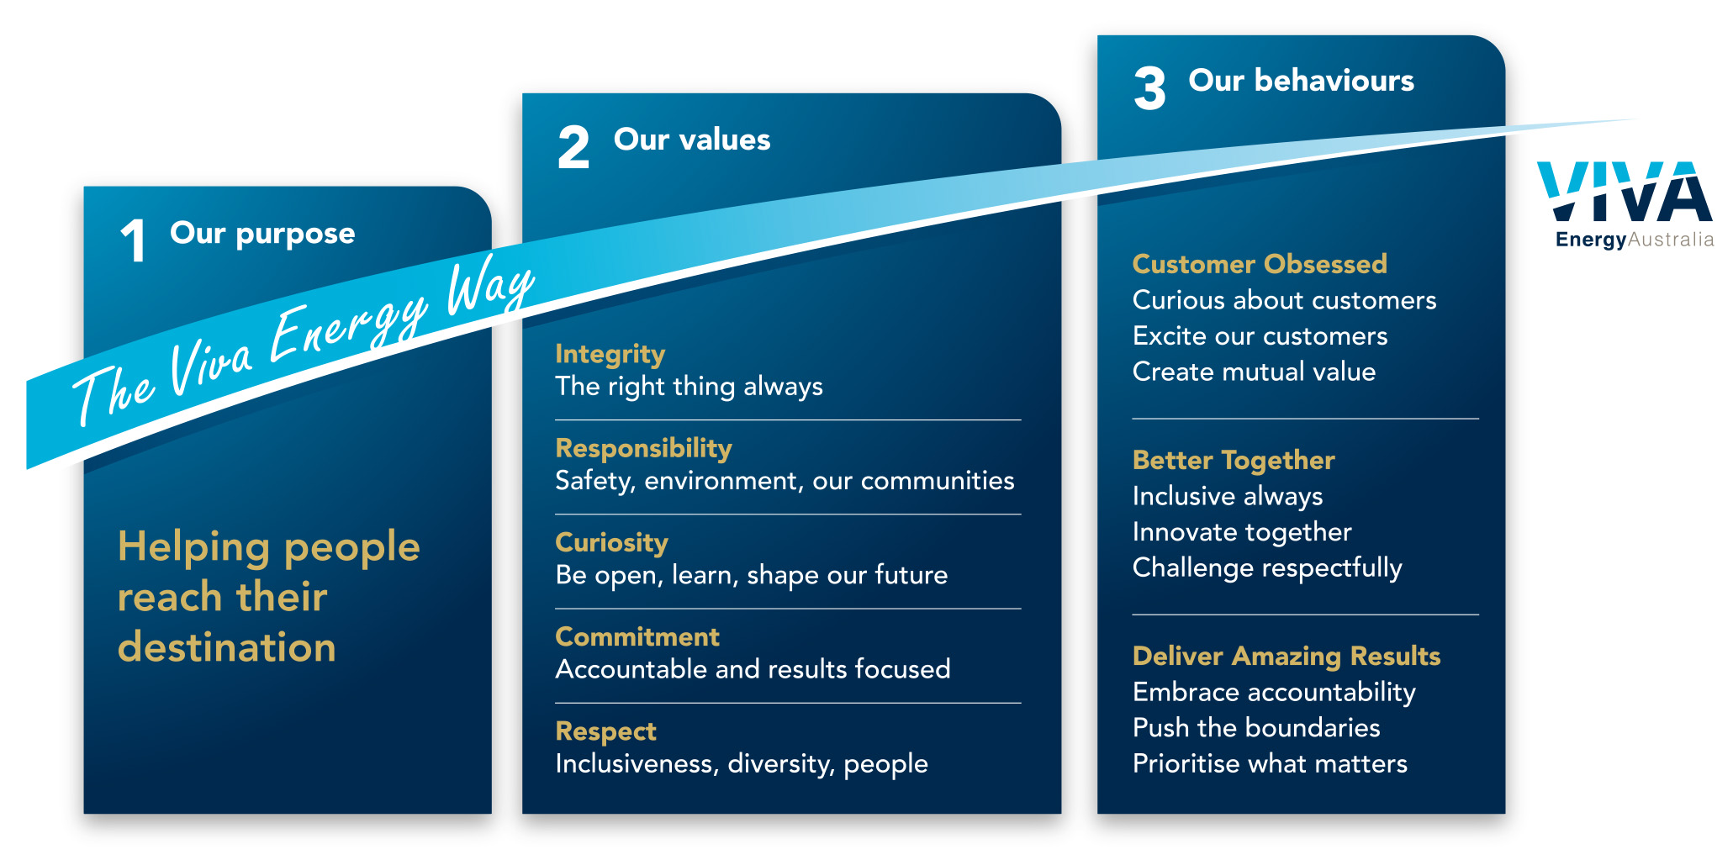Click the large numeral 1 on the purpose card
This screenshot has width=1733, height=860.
coord(134,240)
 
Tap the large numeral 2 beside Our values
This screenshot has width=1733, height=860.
coord(573,147)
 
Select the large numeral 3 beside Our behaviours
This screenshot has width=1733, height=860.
coord(1149,88)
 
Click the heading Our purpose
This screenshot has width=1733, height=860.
coord(262,233)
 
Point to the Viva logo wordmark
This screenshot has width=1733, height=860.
coord(1625,192)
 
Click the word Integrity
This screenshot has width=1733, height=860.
coord(610,354)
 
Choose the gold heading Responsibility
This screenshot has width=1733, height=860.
coord(643,448)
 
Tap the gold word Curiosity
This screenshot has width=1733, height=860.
coord(611,542)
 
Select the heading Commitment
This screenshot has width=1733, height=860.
coord(637,636)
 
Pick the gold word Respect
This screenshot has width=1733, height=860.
coord(605,731)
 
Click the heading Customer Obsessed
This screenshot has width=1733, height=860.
coord(1260,264)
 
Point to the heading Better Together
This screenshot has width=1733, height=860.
coord(1234,460)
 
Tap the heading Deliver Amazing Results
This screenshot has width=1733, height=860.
coord(1287,656)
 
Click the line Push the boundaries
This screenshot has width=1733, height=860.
coord(1256,727)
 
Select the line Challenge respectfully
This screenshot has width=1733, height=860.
coord(1267,568)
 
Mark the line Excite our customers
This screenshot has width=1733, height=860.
coord(1260,335)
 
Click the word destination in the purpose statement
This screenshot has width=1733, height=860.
coord(227,647)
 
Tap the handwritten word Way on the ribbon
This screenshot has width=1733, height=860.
coord(489,287)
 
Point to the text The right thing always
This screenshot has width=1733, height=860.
coord(689,387)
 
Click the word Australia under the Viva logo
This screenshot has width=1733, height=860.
coord(1671,240)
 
